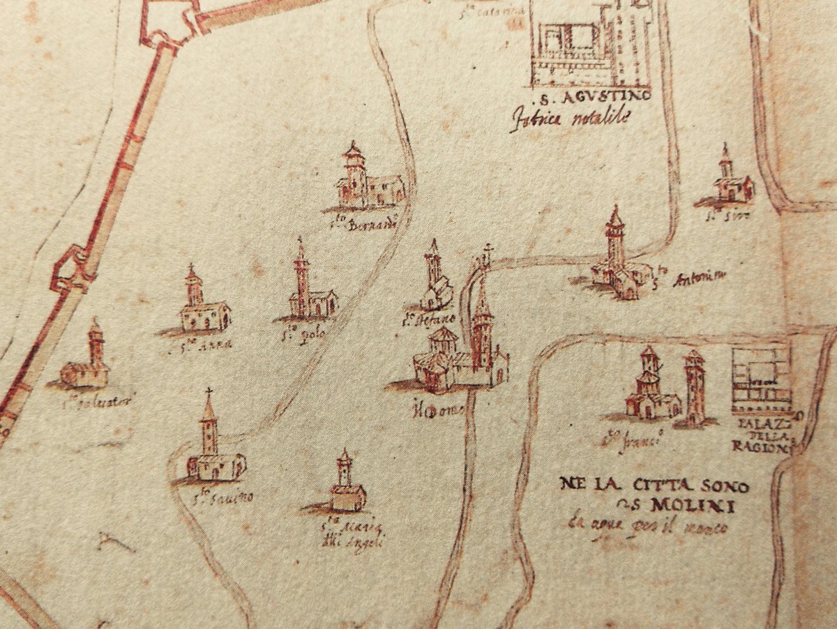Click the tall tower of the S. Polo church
click(x=301, y=275)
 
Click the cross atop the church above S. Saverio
click(x=208, y=393)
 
